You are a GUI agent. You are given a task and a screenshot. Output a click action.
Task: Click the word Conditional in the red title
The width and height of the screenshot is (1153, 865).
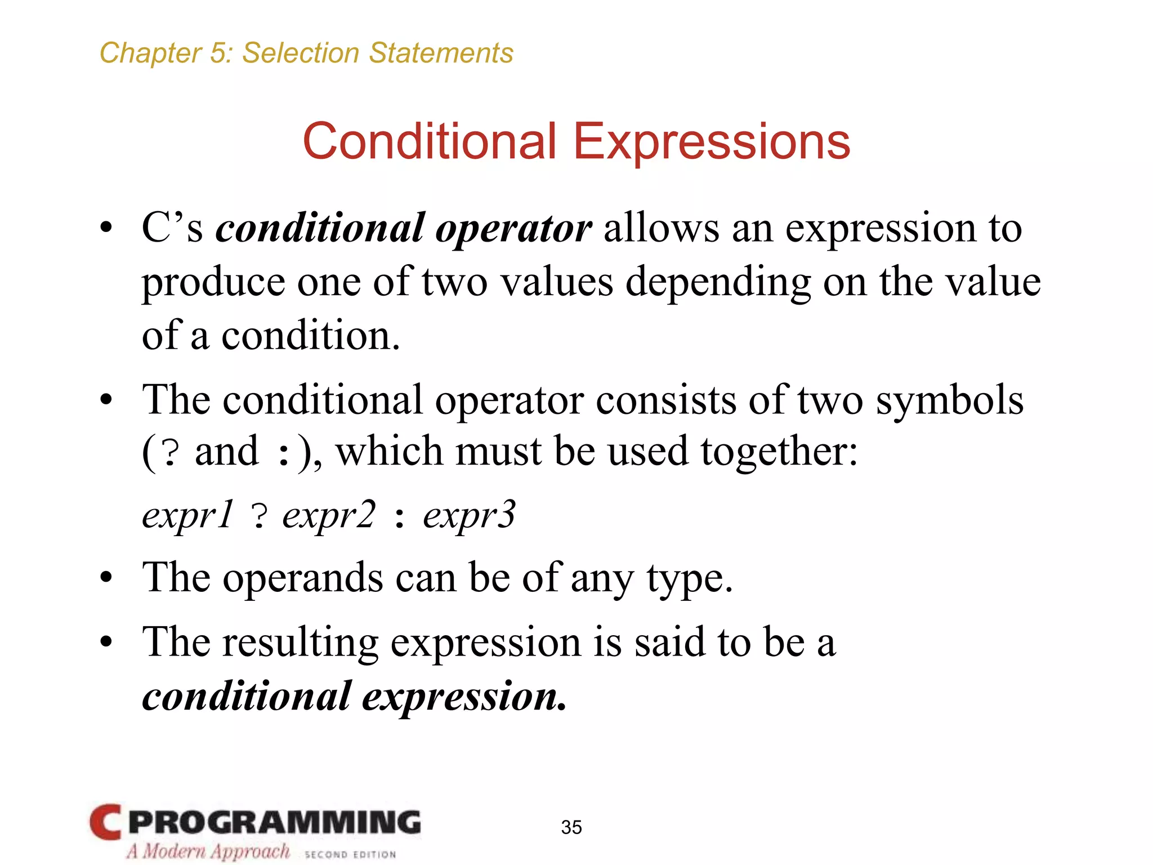[x=429, y=141]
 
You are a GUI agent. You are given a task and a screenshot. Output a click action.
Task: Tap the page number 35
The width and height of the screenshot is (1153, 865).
[x=571, y=827]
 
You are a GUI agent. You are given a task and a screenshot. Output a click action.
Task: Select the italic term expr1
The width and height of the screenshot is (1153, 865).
[x=187, y=515]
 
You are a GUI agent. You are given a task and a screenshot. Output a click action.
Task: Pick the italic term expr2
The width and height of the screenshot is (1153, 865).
[x=328, y=515]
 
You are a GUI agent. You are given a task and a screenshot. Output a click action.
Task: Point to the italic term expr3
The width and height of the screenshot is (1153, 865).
[x=469, y=515]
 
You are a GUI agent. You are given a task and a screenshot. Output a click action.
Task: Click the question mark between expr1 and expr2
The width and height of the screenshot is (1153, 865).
[x=258, y=516]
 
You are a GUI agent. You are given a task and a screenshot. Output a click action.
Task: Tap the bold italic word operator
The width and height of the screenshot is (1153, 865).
[x=513, y=229]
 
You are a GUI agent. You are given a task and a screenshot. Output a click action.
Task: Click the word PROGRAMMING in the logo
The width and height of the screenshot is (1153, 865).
[x=274, y=823]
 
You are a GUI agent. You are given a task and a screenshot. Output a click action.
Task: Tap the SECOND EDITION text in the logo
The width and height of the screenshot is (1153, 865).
[x=350, y=854]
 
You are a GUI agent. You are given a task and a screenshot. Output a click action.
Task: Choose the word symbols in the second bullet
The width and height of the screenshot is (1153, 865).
[x=949, y=400]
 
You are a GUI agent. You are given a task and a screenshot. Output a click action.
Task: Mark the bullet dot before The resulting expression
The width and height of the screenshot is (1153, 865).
[x=106, y=642]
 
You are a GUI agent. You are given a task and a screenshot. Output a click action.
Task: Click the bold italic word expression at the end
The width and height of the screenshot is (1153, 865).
[x=464, y=696]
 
